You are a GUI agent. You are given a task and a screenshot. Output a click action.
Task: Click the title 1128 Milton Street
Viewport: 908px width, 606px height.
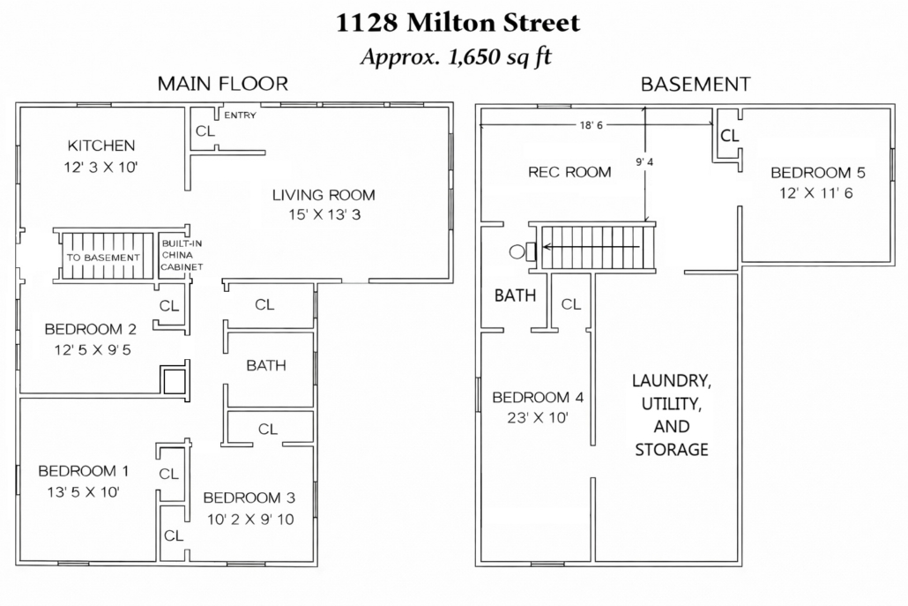pos(458,23)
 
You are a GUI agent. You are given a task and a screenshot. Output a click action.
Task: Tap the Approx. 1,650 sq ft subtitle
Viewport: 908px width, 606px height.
pos(457,56)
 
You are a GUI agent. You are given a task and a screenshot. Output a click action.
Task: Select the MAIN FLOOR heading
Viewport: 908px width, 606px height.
pos(223,84)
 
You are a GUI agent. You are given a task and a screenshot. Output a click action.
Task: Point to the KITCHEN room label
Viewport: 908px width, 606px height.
pos(101,146)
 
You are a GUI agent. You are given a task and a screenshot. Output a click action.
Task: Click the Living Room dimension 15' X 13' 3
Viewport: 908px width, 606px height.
pos(325,215)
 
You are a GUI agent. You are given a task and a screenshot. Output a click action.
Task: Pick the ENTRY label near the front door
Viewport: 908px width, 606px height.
pos(240,116)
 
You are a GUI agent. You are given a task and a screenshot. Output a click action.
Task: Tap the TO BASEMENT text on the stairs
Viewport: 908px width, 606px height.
pos(103,258)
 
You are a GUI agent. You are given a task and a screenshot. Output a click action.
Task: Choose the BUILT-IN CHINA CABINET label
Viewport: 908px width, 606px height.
pos(182,255)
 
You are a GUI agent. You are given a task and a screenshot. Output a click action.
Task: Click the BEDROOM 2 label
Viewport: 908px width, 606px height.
pos(90,329)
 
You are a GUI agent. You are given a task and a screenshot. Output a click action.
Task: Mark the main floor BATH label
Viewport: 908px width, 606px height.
pos(266,365)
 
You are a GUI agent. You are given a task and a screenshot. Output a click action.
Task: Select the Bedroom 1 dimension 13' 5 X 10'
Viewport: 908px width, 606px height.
pos(84,492)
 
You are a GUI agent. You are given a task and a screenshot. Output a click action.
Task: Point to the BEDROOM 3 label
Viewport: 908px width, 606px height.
pos(249,498)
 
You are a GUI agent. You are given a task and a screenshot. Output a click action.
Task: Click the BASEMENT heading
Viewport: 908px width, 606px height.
pos(696,85)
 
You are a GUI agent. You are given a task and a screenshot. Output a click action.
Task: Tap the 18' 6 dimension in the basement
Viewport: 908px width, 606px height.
pos(592,125)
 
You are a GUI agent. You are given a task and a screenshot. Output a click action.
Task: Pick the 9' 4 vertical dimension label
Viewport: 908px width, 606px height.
pos(644,162)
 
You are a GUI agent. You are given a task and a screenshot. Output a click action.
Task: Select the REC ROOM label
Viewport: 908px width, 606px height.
pos(569,172)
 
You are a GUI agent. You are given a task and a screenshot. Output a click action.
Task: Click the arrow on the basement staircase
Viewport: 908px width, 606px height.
pos(592,247)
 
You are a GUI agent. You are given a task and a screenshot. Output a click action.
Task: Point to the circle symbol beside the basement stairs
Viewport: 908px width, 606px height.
pos(517,251)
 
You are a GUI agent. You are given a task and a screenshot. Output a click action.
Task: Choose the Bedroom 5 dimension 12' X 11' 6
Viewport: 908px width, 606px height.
pos(816,193)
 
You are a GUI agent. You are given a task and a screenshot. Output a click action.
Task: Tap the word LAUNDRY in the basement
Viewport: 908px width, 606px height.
pos(672,381)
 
